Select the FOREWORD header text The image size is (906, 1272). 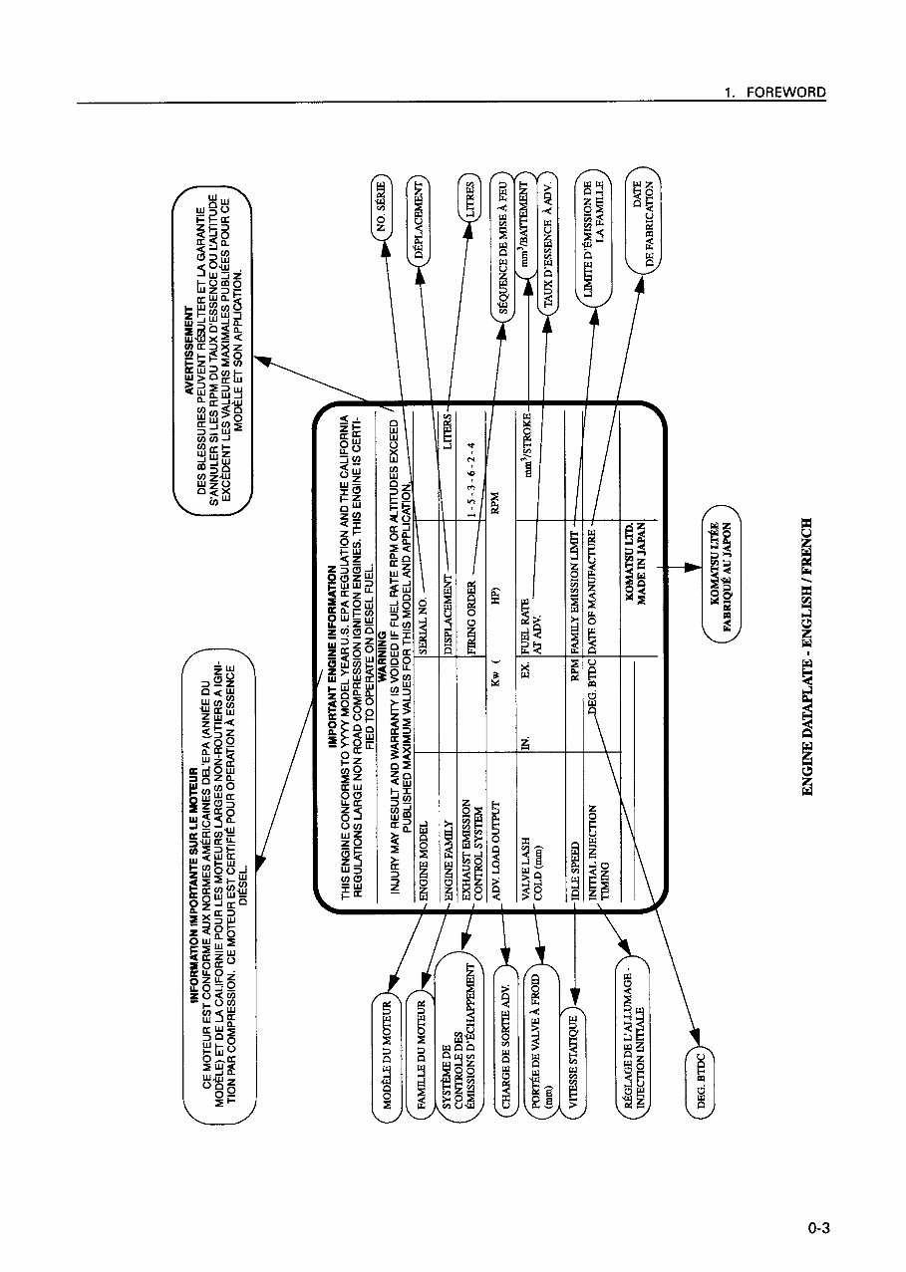point(785,92)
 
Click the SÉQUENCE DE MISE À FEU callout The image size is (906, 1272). point(503,245)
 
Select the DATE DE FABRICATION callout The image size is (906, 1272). point(643,222)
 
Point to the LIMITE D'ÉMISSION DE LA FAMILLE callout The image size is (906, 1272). point(595,237)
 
